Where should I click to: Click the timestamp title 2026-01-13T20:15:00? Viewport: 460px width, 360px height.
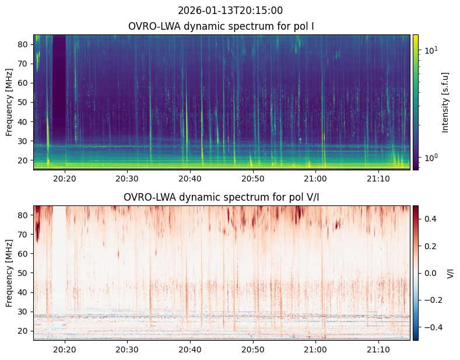coord(230,11)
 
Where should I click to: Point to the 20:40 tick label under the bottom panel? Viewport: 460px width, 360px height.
coord(189,349)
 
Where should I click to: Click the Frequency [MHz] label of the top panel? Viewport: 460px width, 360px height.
coord(9,102)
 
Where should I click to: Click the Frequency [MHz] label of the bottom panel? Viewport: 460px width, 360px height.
coord(9,273)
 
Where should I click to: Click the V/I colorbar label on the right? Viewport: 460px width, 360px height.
coord(451,273)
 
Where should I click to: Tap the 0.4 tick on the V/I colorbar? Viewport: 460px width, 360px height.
coord(430,218)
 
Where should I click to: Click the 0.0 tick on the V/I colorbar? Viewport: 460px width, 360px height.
coord(430,273)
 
